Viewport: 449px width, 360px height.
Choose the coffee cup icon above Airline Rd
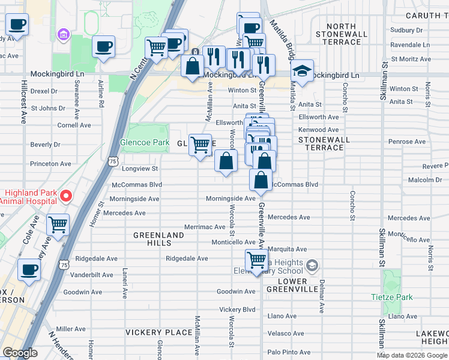click(104, 47)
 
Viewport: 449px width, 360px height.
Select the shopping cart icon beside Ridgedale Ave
click(256, 261)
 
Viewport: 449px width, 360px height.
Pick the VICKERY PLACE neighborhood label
click(150, 332)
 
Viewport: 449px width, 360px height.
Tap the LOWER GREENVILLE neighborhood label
click(301, 285)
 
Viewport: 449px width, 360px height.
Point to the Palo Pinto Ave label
click(289, 352)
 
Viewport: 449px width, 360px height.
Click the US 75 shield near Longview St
click(112, 161)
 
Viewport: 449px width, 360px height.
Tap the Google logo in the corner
click(20, 353)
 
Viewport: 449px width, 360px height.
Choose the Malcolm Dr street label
click(425, 180)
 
